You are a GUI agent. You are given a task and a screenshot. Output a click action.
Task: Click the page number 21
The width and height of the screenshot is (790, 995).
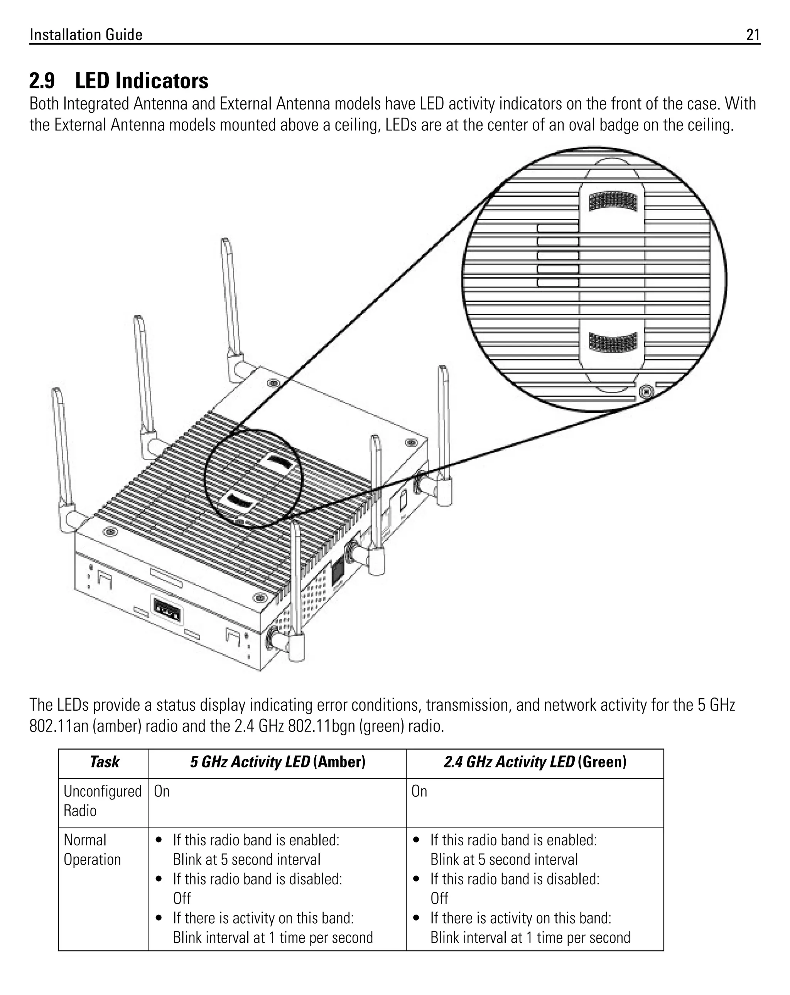pyautogui.click(x=753, y=35)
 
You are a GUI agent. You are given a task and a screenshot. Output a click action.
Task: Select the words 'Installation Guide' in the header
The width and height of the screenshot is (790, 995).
pyautogui.click(x=86, y=35)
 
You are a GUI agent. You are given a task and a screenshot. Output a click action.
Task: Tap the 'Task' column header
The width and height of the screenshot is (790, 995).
pyautogui.click(x=104, y=762)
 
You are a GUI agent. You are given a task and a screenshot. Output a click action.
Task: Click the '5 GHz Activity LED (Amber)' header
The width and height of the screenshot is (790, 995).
pyautogui.click(x=277, y=762)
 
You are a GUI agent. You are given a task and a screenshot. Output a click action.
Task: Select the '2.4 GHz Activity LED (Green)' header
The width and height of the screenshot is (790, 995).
pyautogui.click(x=535, y=762)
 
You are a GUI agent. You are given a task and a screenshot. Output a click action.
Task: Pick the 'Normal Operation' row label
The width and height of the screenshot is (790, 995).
pyautogui.click(x=92, y=850)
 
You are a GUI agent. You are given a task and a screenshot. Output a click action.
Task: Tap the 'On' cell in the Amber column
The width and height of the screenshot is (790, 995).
pyautogui.click(x=162, y=791)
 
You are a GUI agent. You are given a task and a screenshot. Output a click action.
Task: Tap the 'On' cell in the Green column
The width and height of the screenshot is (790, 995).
pyautogui.click(x=419, y=791)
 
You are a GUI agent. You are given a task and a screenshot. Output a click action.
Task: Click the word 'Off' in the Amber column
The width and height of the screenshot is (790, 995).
pyautogui.click(x=182, y=898)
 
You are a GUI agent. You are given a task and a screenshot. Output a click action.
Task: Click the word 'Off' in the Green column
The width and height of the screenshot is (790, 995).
pyautogui.click(x=439, y=898)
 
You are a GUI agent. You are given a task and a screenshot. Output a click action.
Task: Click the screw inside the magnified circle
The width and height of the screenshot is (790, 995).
pyautogui.click(x=647, y=392)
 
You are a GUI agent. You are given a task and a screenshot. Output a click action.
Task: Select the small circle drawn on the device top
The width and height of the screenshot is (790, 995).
pyautogui.click(x=253, y=478)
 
